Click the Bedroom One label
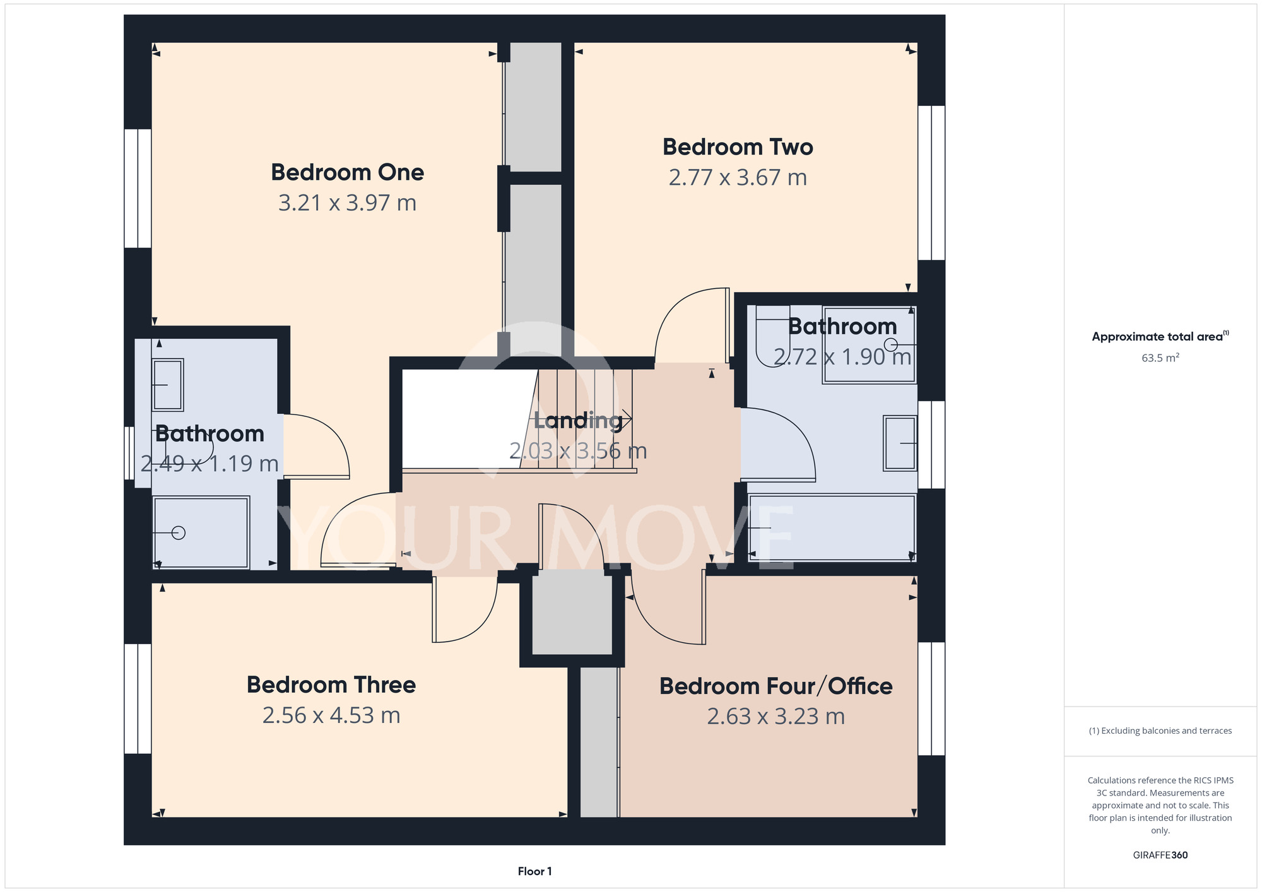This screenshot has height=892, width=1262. coord(347,172)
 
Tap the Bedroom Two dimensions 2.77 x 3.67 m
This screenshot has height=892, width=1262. coord(738,178)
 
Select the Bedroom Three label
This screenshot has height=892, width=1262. coord(331,685)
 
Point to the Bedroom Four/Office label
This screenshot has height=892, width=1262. coord(775,686)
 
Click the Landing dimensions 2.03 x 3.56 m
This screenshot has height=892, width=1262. coord(578,451)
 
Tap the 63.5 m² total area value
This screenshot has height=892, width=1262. coord(1160,358)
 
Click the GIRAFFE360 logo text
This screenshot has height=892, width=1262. coord(1160,855)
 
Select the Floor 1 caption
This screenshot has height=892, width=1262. coord(534,871)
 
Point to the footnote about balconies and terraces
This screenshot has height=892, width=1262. coord(1160,731)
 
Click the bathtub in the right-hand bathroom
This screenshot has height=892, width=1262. coord(832,528)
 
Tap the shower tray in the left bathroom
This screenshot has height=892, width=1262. coord(201,532)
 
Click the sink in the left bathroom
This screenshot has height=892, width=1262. coord(168,385)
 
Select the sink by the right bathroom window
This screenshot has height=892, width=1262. coord(900,443)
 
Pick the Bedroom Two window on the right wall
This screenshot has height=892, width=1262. coord(931,183)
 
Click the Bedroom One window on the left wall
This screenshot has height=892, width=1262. coord(138,188)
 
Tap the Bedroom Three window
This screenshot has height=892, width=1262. coord(138,698)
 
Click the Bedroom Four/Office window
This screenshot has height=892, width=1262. coord(931,698)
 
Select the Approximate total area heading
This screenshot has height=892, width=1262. coord(1160,336)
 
